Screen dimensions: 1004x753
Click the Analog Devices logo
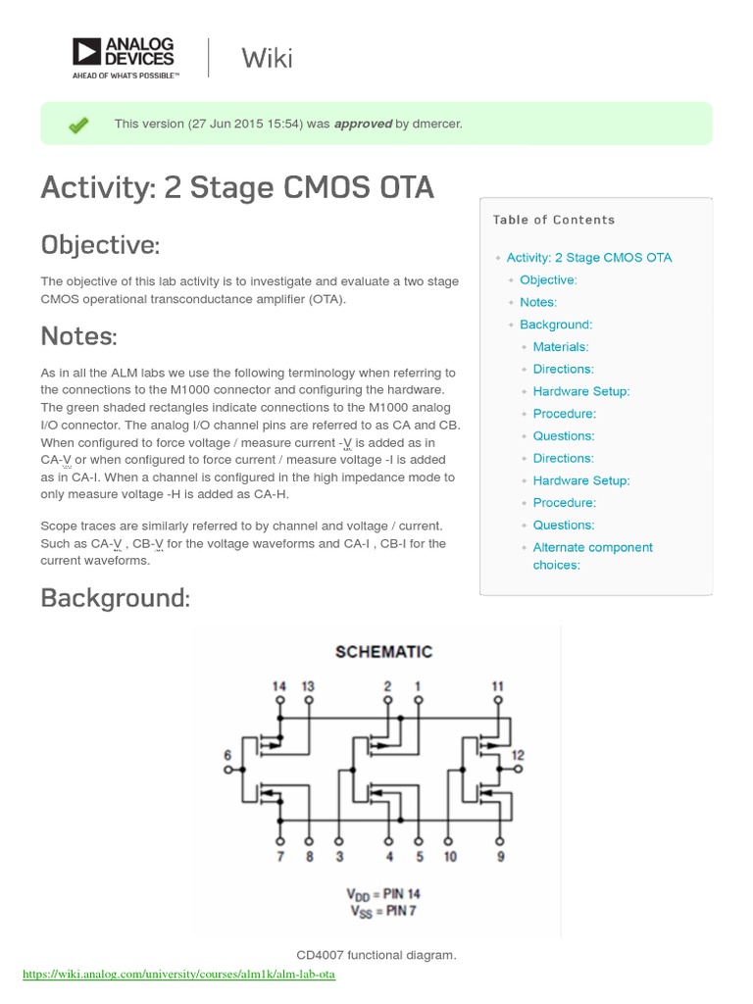click(x=124, y=58)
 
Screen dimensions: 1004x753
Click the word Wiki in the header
click(x=267, y=58)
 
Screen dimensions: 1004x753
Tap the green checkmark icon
click(x=78, y=125)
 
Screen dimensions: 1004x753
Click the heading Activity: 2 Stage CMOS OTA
click(x=237, y=186)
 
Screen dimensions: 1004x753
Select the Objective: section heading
click(x=100, y=244)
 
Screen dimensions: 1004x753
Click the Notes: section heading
click(x=78, y=336)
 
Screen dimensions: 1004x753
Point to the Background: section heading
click(x=115, y=597)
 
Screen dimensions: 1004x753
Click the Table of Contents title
click(x=554, y=220)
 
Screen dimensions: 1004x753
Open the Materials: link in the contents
click(x=561, y=347)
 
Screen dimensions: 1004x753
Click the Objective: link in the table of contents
click(x=548, y=280)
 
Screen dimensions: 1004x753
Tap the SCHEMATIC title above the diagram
click(x=383, y=651)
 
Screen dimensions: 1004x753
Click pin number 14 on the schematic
click(x=280, y=686)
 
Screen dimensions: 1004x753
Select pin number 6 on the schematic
click(x=227, y=755)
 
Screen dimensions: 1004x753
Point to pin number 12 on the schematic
click(x=519, y=755)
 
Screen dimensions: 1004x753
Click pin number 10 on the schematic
click(x=449, y=857)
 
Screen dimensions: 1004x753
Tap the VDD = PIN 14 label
click(x=383, y=893)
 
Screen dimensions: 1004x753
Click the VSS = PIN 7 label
click(x=383, y=911)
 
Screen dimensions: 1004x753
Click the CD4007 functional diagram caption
click(x=376, y=955)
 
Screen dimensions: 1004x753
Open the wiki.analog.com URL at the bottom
click(x=178, y=976)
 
